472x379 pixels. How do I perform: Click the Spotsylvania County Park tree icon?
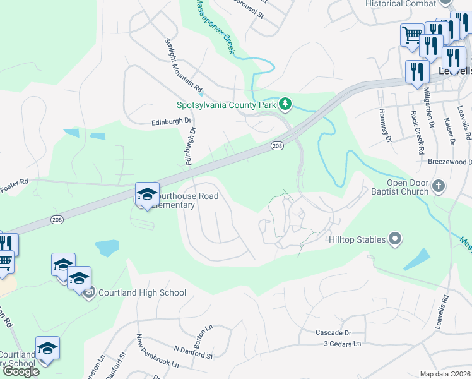[285, 104]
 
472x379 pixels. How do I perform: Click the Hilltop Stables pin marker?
[395, 239]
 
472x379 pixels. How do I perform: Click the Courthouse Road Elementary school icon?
[147, 195]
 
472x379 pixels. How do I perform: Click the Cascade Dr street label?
[333, 332]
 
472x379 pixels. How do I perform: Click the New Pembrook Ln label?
[157, 358]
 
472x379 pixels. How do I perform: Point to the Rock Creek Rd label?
[418, 133]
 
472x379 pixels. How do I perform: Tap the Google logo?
[21, 371]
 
